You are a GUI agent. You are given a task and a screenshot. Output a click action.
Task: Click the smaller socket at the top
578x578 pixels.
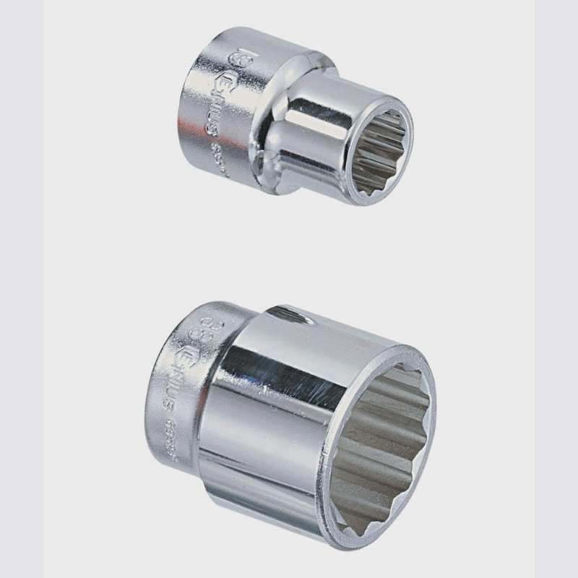point(289,116)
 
